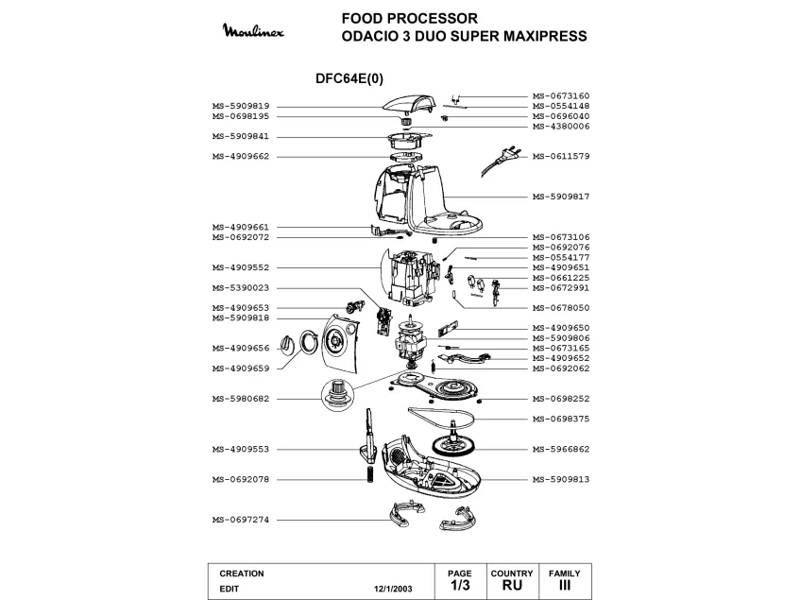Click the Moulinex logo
(253, 30)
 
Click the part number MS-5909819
(241, 106)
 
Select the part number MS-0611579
(561, 156)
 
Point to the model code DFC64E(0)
(349, 78)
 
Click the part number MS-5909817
(561, 197)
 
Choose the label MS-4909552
(241, 267)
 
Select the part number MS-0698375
(561, 419)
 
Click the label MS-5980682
(241, 399)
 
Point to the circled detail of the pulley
(337, 394)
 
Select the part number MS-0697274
(241, 520)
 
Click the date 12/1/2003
(393, 589)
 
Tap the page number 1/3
(460, 585)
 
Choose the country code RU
(512, 585)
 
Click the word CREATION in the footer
(242, 574)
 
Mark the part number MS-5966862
(561, 449)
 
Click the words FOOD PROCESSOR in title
(410, 18)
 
